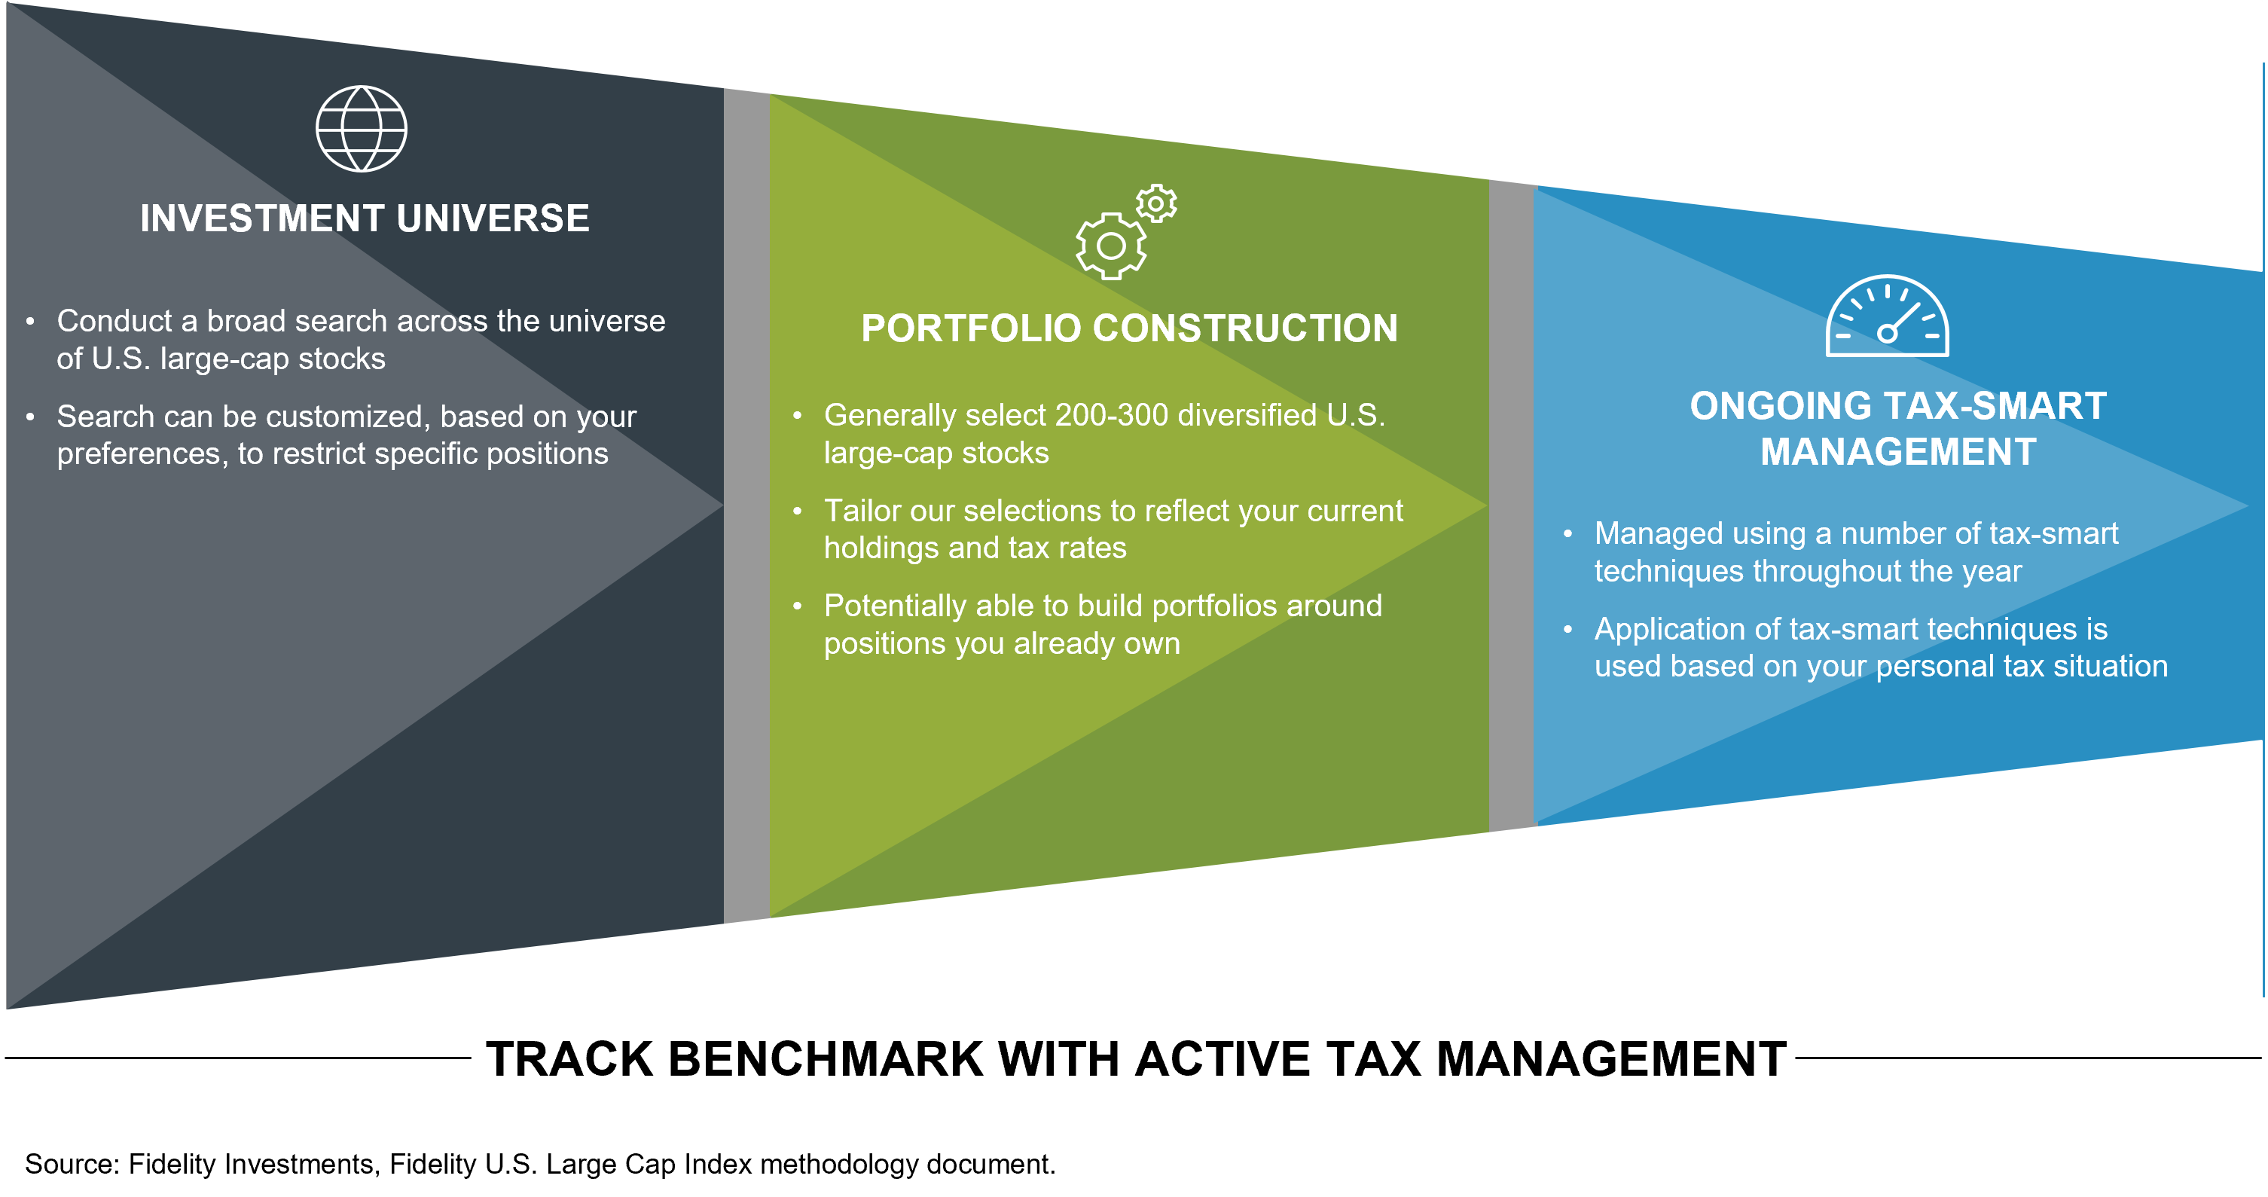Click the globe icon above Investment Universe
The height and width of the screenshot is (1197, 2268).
361,129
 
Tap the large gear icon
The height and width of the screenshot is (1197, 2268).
1111,246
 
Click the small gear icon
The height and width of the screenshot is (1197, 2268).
1156,203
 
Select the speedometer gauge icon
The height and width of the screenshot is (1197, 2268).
1887,317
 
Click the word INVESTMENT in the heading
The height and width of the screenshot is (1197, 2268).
261,218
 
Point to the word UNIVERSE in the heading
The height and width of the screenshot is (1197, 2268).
493,218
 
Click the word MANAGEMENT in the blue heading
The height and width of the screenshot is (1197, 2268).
1898,452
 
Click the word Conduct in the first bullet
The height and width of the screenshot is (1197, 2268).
114,321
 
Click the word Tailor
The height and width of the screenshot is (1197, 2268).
861,511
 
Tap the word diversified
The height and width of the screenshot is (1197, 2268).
1247,415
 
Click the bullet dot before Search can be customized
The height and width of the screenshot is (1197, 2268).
31,417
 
